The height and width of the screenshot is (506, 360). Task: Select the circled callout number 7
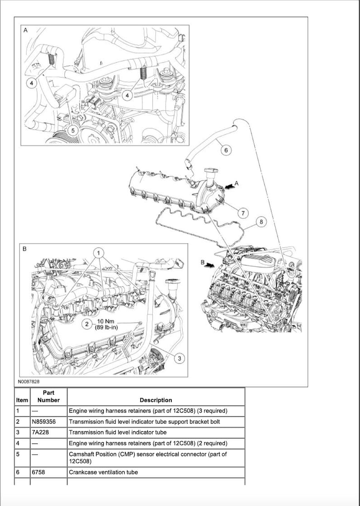point(243,212)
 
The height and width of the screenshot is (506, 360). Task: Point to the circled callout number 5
point(71,130)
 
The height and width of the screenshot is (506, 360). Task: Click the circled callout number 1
point(100,252)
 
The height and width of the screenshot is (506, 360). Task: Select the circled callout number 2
point(88,324)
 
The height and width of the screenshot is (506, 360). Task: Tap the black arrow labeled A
point(230,185)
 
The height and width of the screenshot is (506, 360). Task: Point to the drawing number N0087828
point(28,382)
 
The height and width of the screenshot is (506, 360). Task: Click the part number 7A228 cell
point(40,432)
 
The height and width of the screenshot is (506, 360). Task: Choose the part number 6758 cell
point(39,472)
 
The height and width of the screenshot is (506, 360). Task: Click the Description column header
point(156,400)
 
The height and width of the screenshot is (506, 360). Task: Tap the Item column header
point(22,400)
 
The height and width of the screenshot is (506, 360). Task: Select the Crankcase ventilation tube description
point(103,472)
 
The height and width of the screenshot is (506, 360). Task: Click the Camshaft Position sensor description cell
point(147,457)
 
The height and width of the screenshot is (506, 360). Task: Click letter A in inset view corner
point(25,30)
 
